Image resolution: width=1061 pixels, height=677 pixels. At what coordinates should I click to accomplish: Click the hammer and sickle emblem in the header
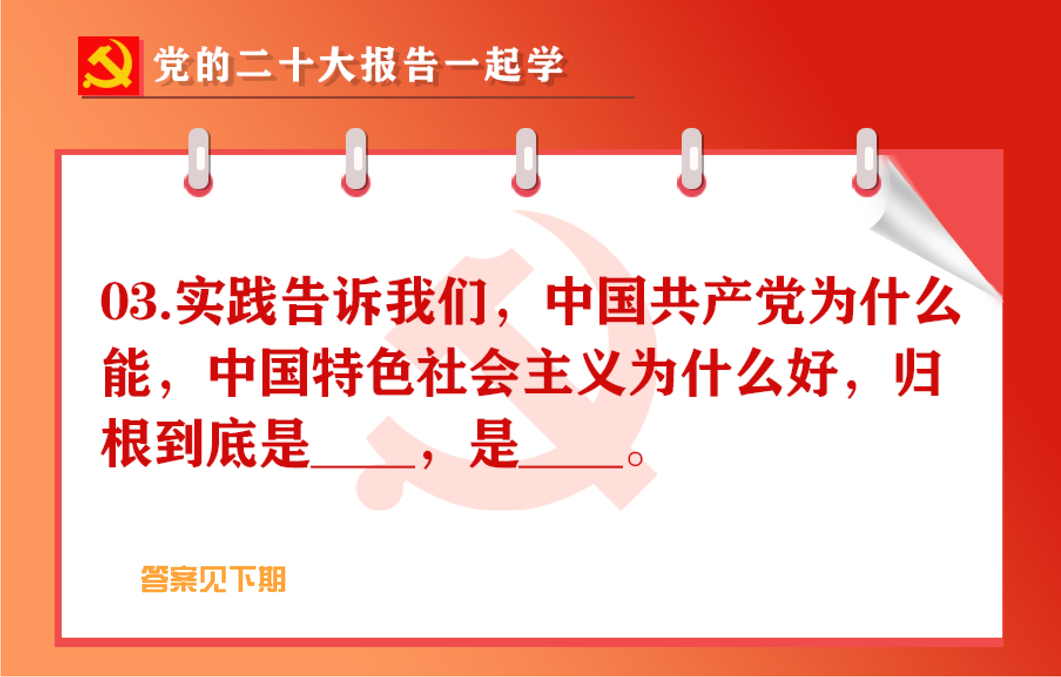click(x=109, y=66)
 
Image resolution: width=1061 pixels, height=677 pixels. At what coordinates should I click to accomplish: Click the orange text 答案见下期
click(x=213, y=580)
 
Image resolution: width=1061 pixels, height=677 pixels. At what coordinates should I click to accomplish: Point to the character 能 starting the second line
click(x=127, y=372)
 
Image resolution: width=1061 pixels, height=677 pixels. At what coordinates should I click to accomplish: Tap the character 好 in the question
click(x=813, y=372)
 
